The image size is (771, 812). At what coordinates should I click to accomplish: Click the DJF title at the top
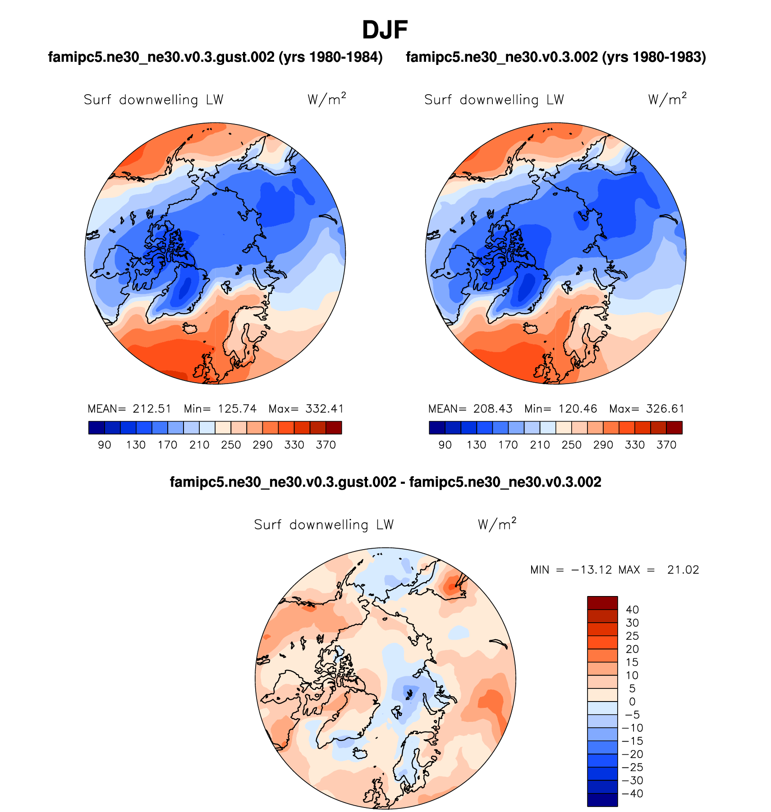385,31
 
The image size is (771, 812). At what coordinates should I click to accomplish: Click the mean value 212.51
152,409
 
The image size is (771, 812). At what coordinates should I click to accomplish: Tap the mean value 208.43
493,409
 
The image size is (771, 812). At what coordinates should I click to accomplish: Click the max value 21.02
683,570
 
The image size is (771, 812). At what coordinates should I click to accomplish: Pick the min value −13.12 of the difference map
592,570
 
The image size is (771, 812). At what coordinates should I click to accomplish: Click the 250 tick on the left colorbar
231,445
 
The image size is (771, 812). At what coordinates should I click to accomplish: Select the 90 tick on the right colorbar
445,445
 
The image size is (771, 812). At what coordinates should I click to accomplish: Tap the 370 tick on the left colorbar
326,445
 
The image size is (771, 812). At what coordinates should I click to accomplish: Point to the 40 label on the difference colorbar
633,610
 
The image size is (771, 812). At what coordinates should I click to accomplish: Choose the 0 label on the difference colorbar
632,702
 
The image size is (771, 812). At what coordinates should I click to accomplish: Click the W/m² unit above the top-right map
667,99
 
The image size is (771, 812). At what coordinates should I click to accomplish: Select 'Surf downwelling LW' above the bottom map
324,525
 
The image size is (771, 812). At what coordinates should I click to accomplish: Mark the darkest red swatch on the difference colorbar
602,603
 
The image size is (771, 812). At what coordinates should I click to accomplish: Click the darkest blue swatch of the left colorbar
96,427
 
